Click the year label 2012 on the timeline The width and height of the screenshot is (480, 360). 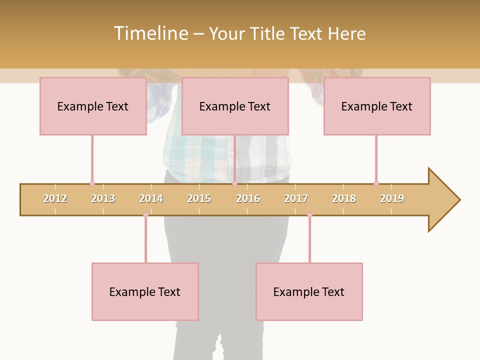click(x=55, y=198)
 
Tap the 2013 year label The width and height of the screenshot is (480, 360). click(x=103, y=198)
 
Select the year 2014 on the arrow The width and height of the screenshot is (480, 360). click(x=151, y=198)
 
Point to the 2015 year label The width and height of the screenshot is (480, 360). click(x=199, y=198)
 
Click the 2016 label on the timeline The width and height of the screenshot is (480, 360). click(x=248, y=198)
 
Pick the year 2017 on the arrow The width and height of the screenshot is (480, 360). click(x=296, y=198)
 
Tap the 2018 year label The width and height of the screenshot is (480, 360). click(x=344, y=198)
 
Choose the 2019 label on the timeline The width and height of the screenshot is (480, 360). click(x=392, y=198)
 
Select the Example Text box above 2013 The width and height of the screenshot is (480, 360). click(x=93, y=106)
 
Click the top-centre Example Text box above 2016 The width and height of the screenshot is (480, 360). click(x=235, y=106)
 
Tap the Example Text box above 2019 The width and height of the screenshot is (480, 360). click(x=377, y=106)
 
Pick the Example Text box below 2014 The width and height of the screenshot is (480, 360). click(x=145, y=291)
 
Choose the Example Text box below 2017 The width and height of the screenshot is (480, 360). click(x=309, y=291)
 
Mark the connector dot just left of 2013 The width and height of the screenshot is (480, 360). click(x=92, y=183)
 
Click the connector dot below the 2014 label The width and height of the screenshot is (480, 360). click(x=145, y=215)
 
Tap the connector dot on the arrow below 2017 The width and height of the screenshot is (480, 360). click(x=309, y=215)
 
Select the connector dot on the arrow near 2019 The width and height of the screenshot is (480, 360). click(x=376, y=183)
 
